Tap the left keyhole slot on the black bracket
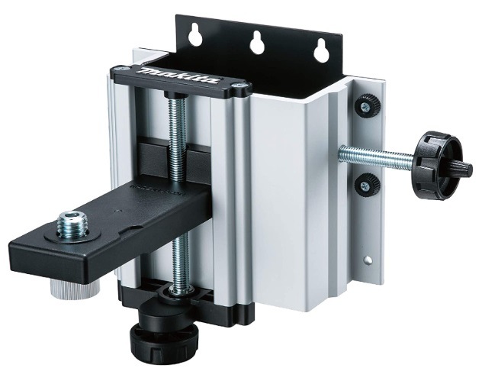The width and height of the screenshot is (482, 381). pos(195,35)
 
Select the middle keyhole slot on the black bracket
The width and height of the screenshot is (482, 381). pos(257,42)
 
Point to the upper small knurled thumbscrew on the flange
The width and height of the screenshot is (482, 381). pos(367,106)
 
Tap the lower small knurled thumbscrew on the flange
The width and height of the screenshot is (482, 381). pos(366,186)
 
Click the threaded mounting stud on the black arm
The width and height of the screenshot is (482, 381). pos(72,224)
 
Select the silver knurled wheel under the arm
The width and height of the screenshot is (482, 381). pos(75,289)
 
